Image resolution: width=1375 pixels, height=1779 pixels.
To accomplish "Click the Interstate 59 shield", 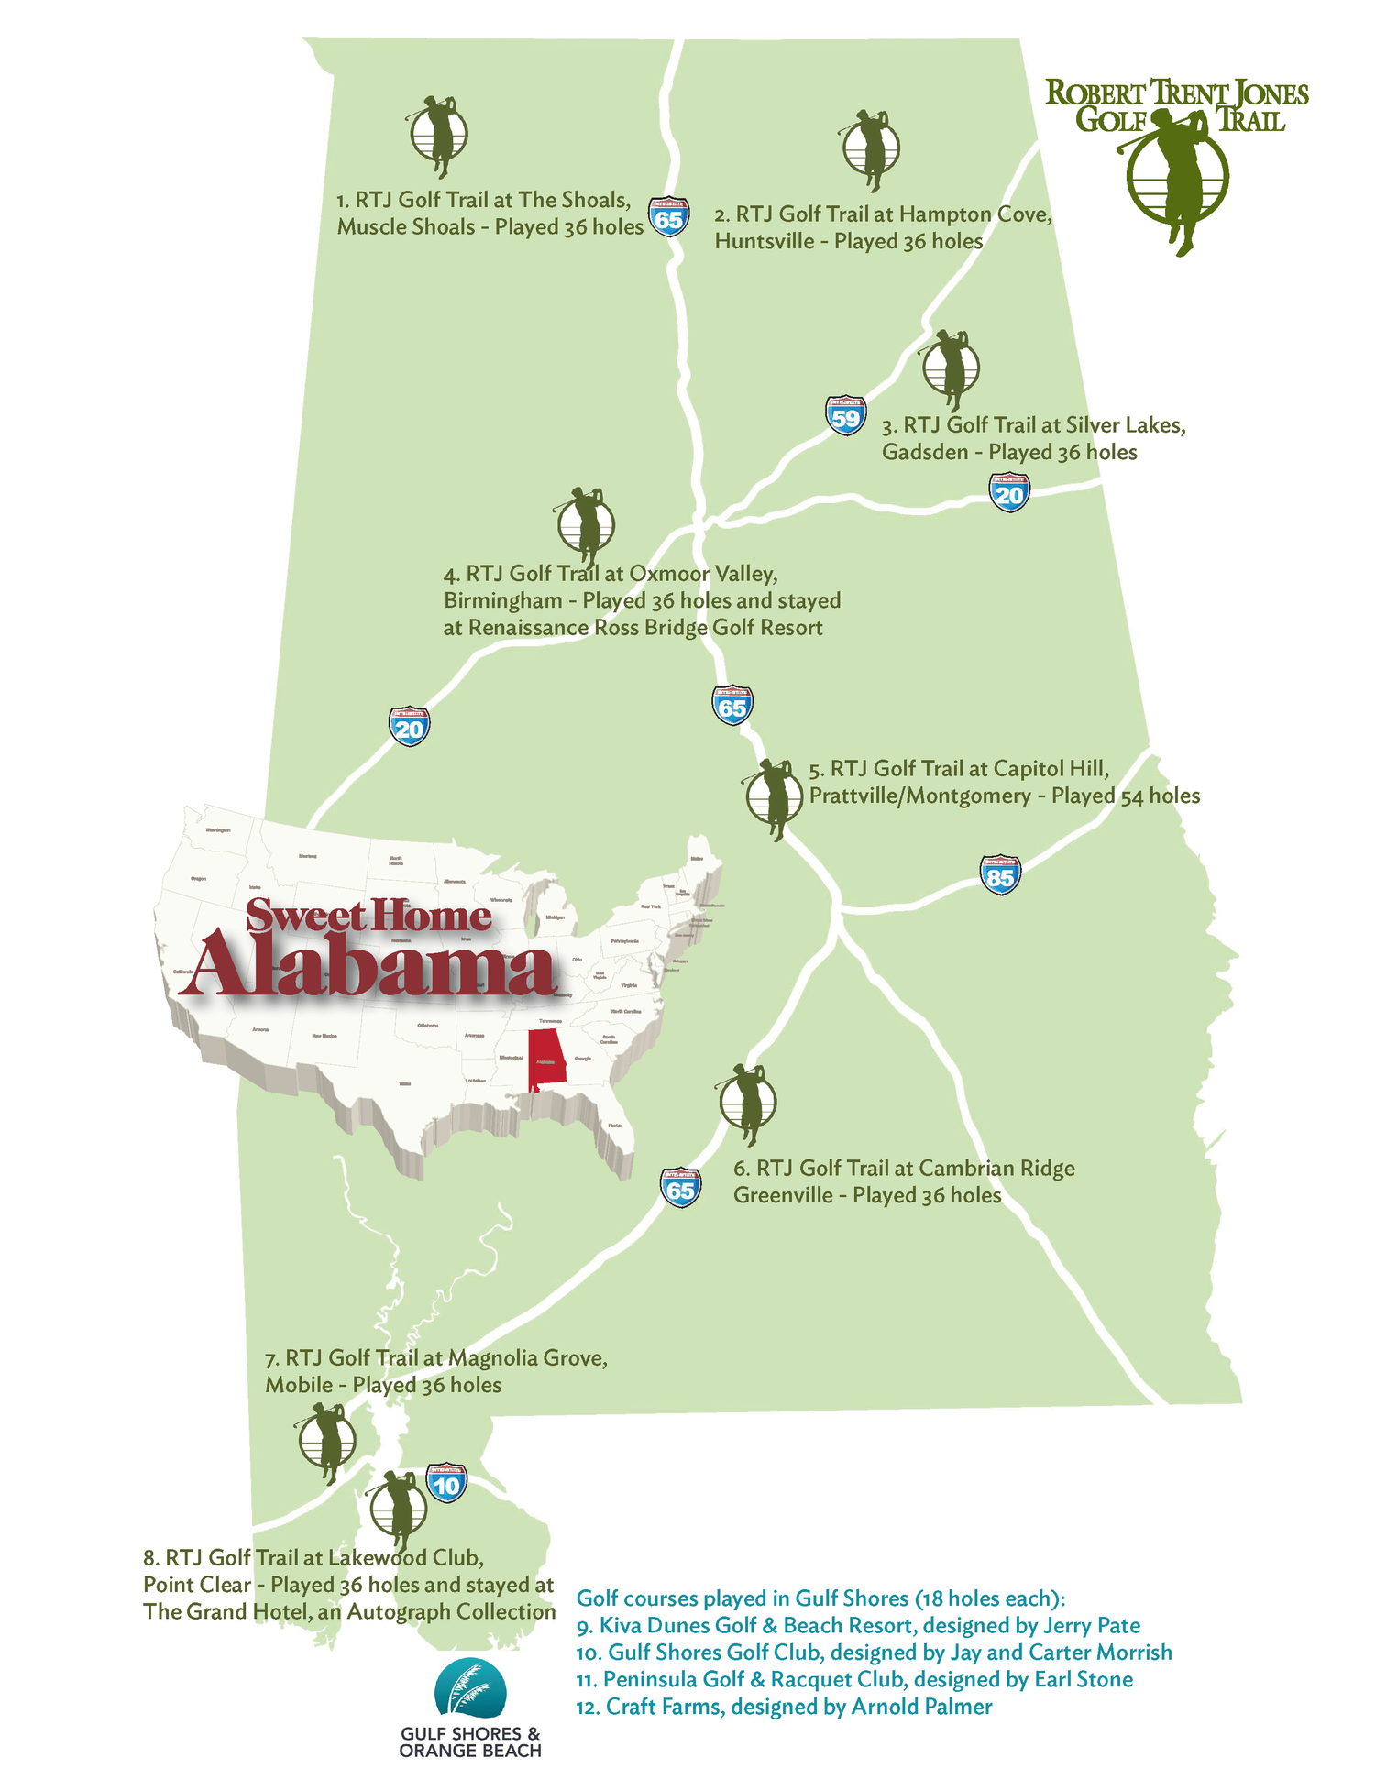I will click(845, 416).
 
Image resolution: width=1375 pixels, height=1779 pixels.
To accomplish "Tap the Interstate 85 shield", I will click(1000, 875).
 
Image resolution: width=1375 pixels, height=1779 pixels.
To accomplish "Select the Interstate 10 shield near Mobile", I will click(446, 1483).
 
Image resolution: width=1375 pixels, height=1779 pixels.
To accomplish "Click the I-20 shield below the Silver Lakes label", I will click(1008, 493).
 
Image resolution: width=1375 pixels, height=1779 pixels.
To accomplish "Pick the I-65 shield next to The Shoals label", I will click(668, 217).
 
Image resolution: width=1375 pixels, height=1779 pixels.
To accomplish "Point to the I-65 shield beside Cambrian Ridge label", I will click(680, 1188).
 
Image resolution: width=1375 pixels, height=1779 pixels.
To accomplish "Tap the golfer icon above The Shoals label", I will click(437, 135).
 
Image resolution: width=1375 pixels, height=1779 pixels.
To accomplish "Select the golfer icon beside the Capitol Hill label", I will click(773, 798).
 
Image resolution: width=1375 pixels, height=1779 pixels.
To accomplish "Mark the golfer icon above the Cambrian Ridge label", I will click(746, 1103).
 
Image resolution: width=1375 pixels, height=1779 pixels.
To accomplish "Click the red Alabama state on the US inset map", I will click(546, 1059).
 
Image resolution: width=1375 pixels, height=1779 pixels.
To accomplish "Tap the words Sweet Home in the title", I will click(368, 916).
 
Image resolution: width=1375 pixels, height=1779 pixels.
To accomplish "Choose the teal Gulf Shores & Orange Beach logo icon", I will click(470, 1687).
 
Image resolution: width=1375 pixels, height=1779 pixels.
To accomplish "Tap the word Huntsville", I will click(764, 241).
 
